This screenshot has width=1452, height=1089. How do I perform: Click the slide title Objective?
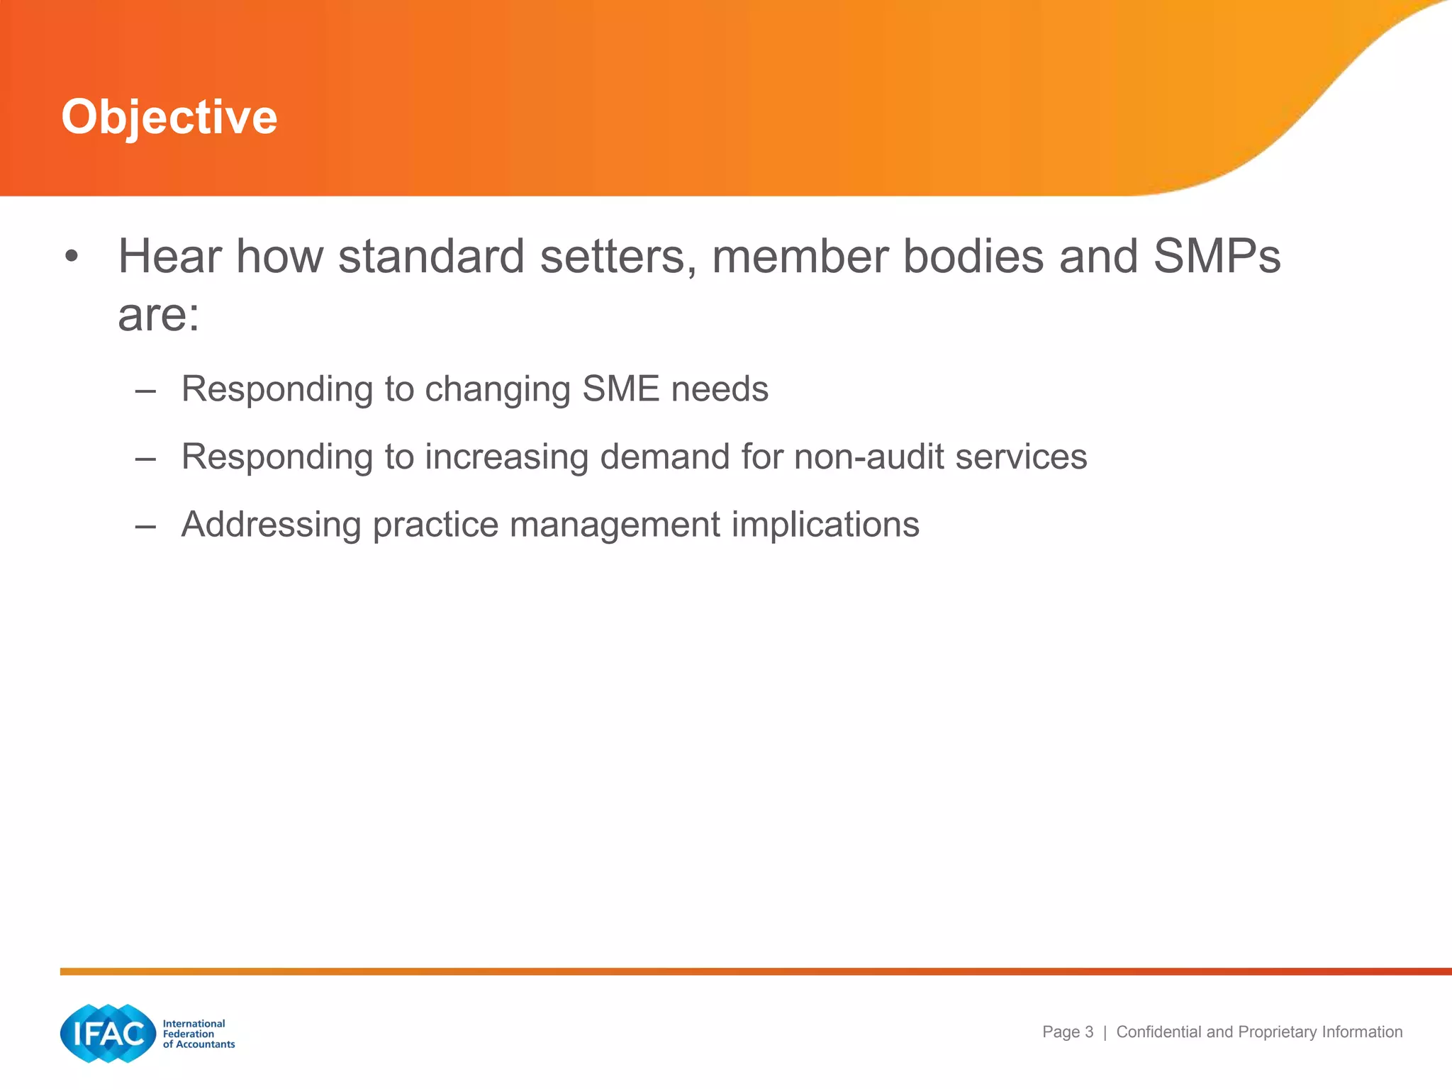[169, 117]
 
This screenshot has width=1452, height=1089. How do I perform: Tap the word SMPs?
[1217, 256]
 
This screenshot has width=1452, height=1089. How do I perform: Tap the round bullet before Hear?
[71, 256]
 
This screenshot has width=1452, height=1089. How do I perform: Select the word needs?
[720, 389]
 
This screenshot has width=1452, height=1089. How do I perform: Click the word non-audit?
[868, 457]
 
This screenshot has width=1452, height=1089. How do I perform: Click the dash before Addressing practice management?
[145, 526]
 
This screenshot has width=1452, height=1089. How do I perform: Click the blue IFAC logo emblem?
[108, 1033]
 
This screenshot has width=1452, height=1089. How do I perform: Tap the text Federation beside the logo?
[189, 1034]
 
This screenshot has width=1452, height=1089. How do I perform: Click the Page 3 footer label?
[1067, 1032]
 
